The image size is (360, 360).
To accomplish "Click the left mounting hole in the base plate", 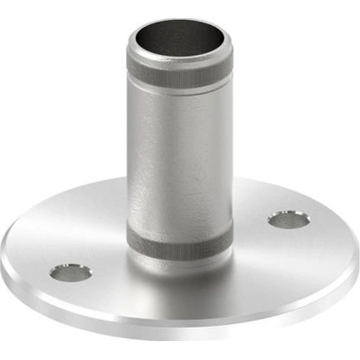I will coord(70,271).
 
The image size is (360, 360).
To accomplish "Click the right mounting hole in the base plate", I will coord(289,219).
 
